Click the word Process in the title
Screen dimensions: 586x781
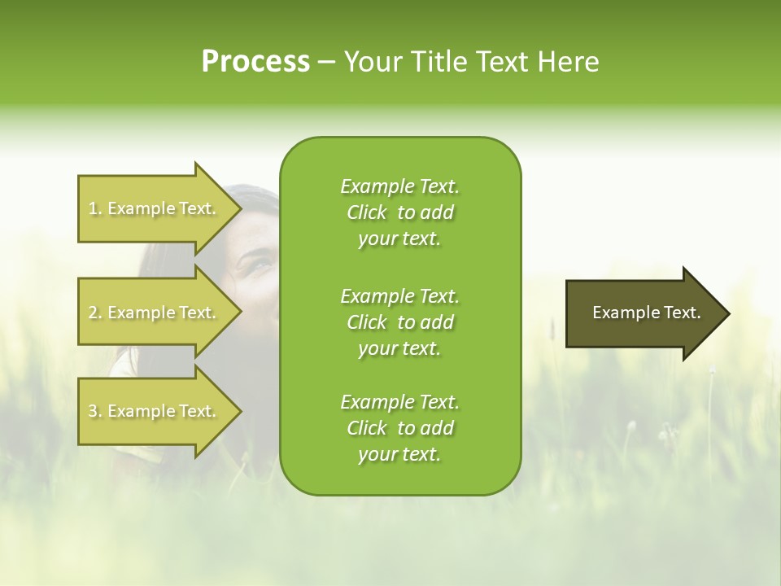pyautogui.click(x=255, y=62)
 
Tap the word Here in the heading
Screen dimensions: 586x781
pyautogui.click(x=569, y=62)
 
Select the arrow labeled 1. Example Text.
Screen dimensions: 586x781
pyautogui.click(x=155, y=208)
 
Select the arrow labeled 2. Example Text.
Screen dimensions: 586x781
pyautogui.click(x=155, y=313)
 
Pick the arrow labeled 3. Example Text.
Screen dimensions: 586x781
pyautogui.click(x=155, y=411)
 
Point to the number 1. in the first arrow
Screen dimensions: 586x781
pyautogui.click(x=95, y=208)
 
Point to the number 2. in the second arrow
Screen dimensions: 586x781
pyautogui.click(x=95, y=313)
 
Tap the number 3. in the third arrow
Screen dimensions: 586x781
pyautogui.click(x=95, y=411)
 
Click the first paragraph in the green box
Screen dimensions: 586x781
pyautogui.click(x=399, y=212)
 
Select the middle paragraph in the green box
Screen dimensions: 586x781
pyautogui.click(x=399, y=322)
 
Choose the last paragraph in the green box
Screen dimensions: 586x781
pyautogui.click(x=399, y=428)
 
